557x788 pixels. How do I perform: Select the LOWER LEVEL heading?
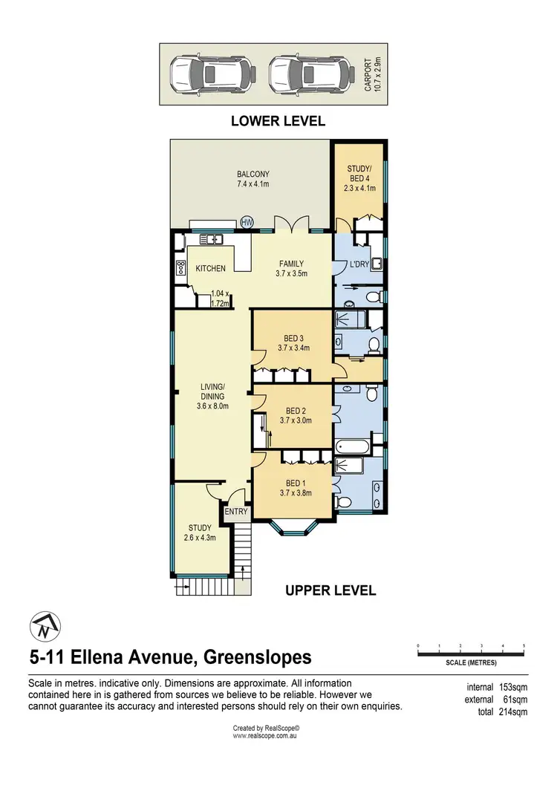(278, 121)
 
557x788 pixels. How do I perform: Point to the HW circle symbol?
(247, 221)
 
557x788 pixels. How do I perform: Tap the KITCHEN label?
(210, 268)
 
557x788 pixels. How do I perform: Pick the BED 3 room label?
(293, 342)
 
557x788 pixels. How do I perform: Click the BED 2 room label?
(296, 415)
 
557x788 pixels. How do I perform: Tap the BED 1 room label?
(296, 487)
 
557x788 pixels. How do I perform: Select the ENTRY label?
(236, 512)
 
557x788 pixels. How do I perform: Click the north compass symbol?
(44, 627)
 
